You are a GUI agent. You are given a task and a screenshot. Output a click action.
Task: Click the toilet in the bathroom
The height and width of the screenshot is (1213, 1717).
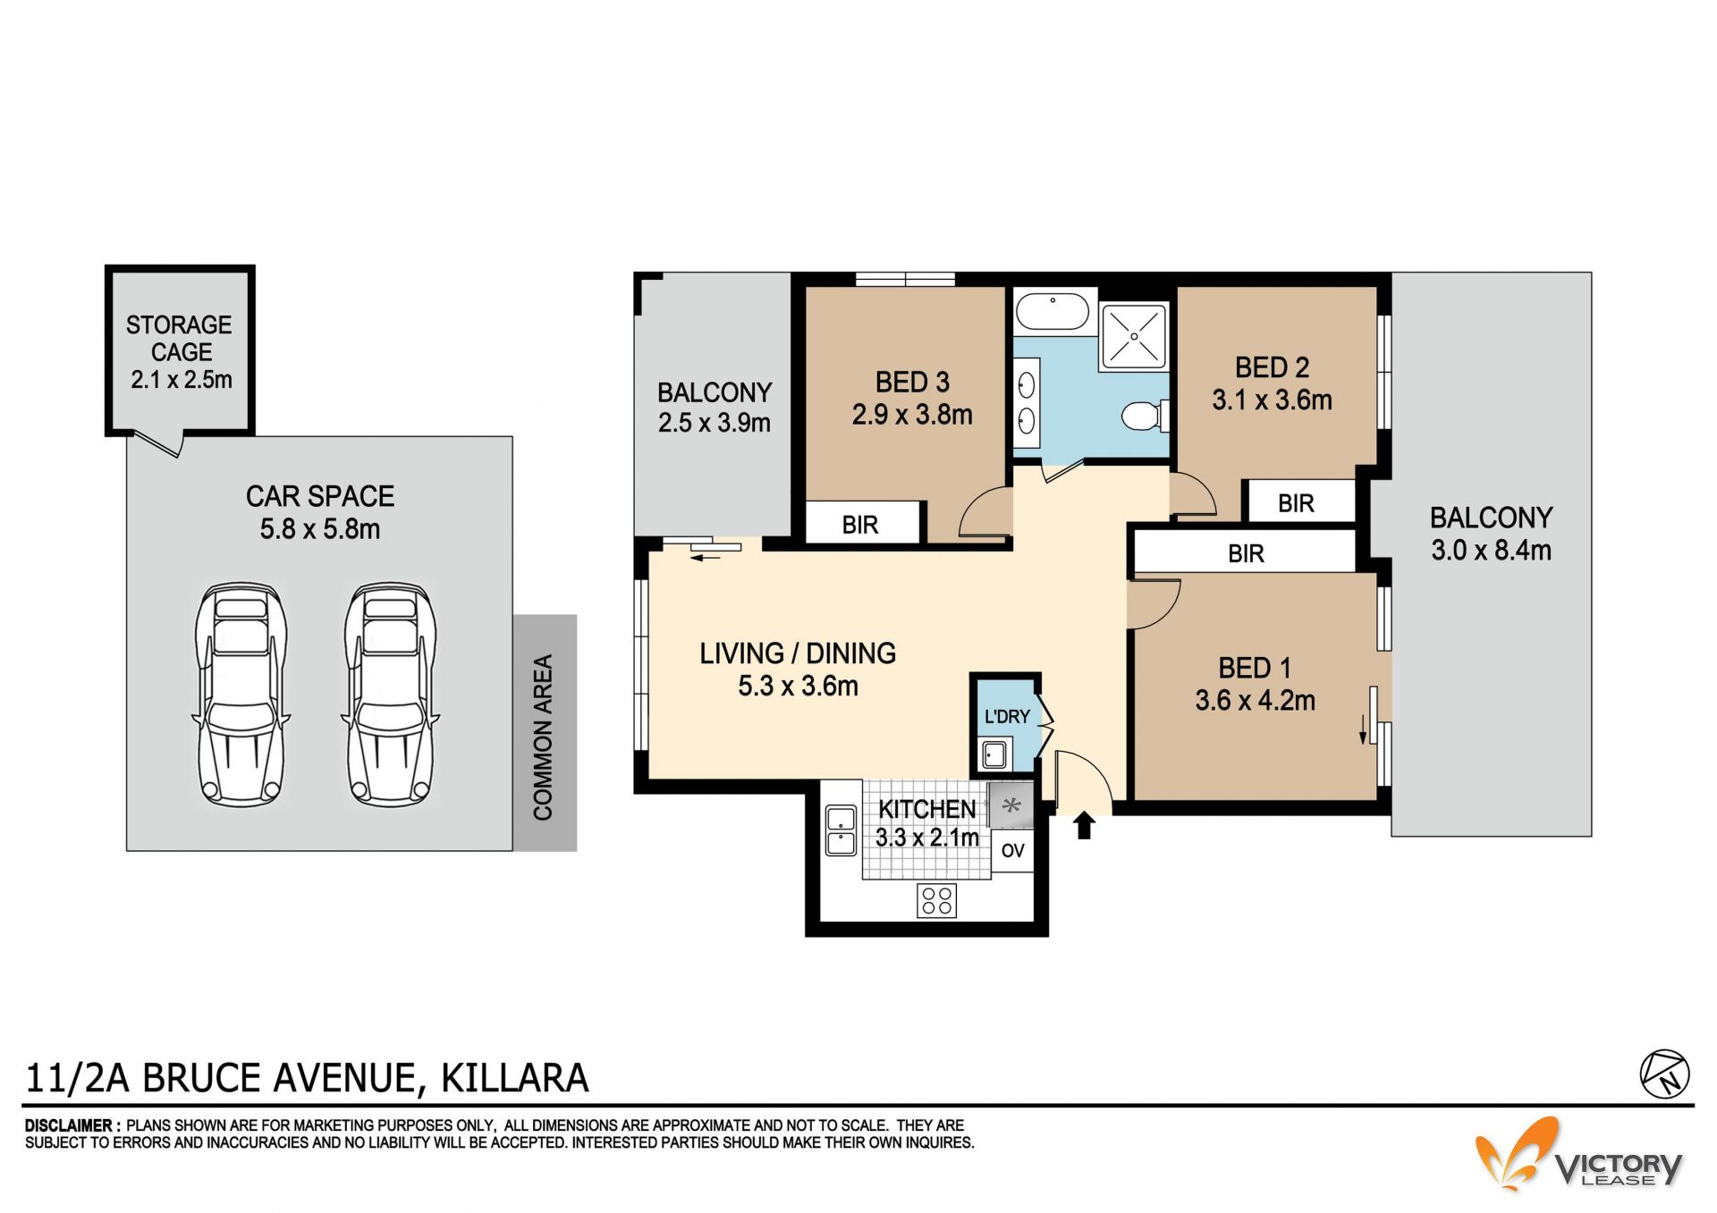point(1146,416)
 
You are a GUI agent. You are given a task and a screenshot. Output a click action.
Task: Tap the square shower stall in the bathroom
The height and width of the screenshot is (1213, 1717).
point(1134,336)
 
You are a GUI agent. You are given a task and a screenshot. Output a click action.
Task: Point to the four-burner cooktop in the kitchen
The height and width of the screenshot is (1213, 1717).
point(936,900)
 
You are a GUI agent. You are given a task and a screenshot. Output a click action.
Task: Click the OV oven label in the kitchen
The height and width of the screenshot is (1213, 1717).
point(1012,850)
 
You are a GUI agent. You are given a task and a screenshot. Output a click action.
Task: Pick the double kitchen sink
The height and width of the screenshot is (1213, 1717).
point(841,831)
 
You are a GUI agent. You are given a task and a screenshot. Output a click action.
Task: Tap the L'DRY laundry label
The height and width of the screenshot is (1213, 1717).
point(1007,717)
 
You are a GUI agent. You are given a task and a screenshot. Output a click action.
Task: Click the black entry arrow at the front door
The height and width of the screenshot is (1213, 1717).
point(1084,825)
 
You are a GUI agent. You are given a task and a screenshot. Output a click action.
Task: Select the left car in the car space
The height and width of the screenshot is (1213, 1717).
point(241,694)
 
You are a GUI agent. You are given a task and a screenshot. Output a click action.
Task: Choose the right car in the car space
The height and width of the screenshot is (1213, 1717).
point(391,694)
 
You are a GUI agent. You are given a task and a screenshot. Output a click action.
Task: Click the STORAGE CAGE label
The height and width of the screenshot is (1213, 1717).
point(180,338)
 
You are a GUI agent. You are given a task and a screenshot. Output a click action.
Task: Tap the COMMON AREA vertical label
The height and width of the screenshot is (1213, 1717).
point(543,737)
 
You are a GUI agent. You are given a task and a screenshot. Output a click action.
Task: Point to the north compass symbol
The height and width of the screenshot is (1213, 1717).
point(1664,1074)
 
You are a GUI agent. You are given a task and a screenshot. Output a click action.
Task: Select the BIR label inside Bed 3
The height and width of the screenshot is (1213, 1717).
point(860,525)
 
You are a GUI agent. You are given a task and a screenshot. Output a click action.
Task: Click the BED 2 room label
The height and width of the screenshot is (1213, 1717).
point(1272,367)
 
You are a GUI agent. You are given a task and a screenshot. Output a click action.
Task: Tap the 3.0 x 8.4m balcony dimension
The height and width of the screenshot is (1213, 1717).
point(1491,551)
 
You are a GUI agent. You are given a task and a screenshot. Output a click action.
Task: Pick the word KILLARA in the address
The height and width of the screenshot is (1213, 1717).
point(515,1078)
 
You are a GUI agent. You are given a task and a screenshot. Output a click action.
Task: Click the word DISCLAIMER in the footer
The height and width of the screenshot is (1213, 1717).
point(68,1126)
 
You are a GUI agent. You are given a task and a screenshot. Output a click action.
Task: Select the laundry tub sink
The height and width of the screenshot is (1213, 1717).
point(994,754)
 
